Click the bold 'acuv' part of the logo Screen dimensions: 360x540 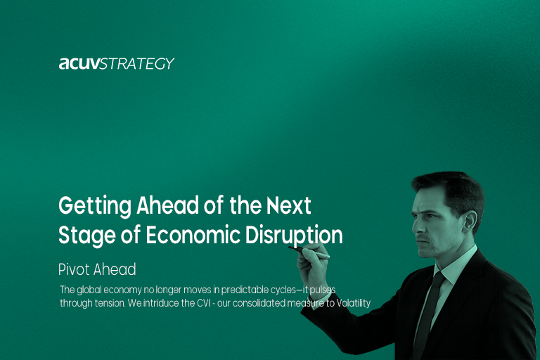[x=79, y=64]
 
